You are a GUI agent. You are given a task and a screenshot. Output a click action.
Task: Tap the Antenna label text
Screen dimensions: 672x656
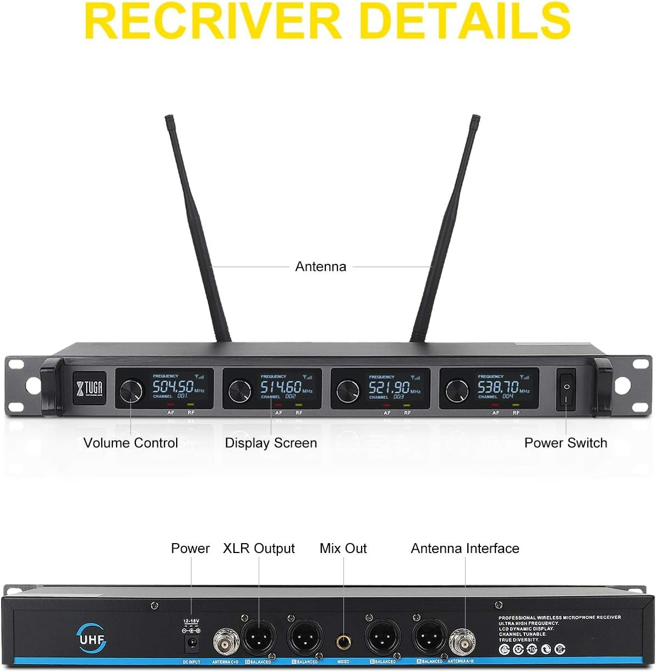(320, 267)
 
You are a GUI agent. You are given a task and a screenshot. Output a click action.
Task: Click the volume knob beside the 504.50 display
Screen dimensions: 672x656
(131, 390)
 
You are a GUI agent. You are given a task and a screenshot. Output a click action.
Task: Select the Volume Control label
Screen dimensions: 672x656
(130, 443)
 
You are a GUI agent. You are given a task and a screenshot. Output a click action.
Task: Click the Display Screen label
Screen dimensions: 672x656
(271, 443)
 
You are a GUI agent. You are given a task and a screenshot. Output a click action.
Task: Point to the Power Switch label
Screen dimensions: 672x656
(565, 443)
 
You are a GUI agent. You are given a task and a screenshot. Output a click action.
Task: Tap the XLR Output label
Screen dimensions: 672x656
(259, 549)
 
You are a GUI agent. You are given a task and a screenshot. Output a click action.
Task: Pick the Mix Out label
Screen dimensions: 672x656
(343, 549)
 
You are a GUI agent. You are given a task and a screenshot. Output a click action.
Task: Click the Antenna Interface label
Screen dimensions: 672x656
(464, 549)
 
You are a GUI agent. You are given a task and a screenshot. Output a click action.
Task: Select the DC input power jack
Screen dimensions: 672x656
(192, 643)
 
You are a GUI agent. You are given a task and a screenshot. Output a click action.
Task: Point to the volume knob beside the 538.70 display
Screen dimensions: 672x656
(457, 391)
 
